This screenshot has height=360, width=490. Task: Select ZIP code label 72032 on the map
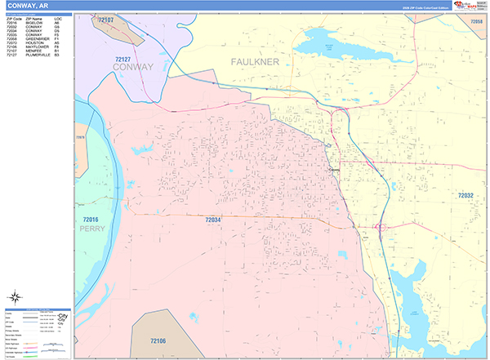point(465,196)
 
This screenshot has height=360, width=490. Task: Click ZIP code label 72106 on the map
point(158,341)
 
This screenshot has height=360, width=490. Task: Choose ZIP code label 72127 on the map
point(123,60)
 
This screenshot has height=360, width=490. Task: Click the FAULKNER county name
point(255,62)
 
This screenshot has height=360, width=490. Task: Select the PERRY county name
point(92,229)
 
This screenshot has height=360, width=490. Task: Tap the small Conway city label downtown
point(333,169)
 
